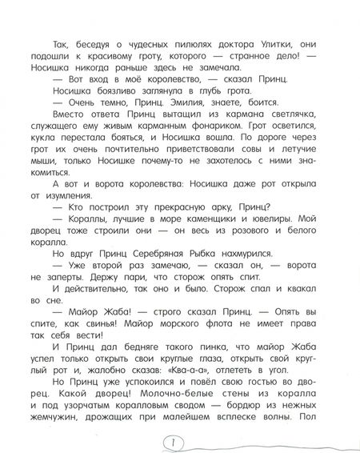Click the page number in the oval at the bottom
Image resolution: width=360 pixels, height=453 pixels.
pyautogui.click(x=178, y=442)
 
